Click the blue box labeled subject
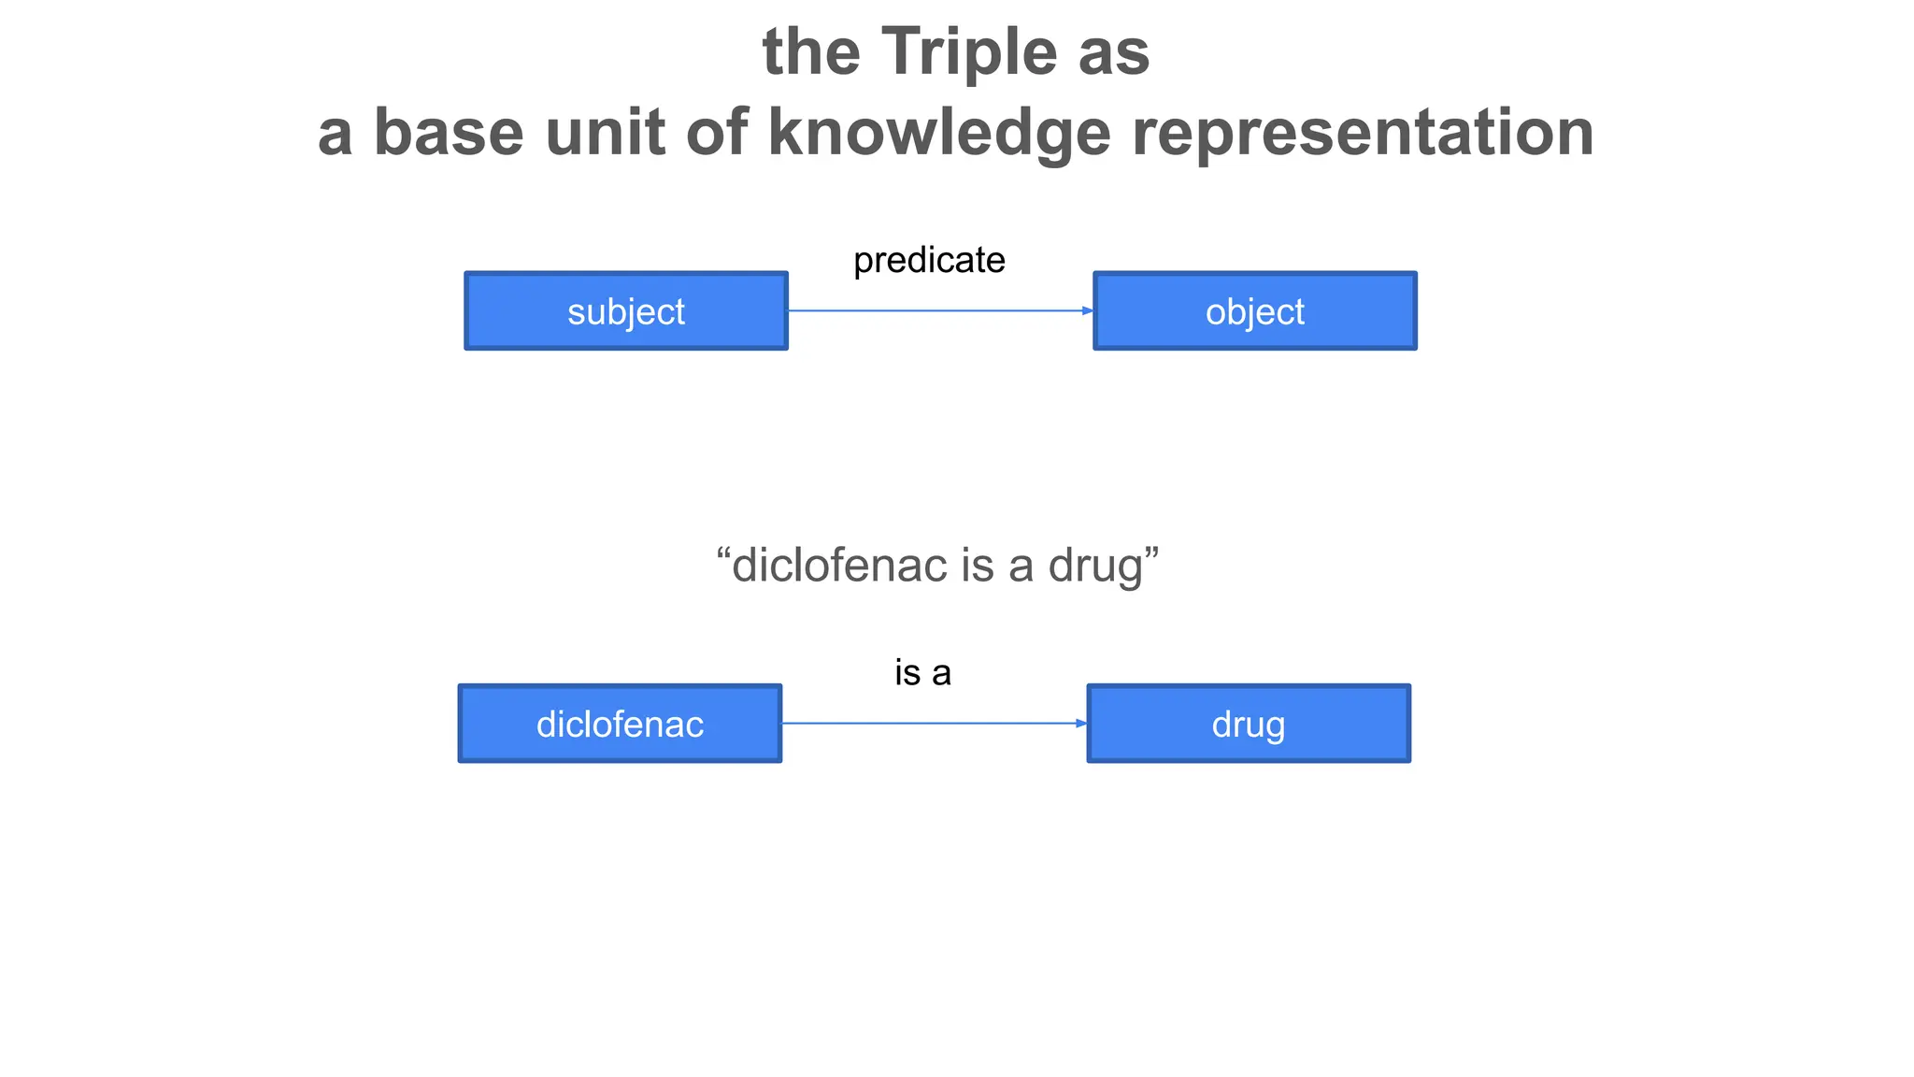(x=626, y=311)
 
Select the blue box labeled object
(x=1254, y=311)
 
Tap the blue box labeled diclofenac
(x=620, y=724)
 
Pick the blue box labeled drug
(x=1249, y=724)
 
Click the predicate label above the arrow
(x=929, y=260)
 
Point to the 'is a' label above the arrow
(x=922, y=673)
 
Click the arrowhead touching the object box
(x=1087, y=310)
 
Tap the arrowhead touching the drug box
(x=1080, y=723)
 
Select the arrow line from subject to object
(x=935, y=310)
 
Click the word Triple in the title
(x=970, y=52)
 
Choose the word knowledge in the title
(x=939, y=133)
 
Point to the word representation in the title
(x=1363, y=133)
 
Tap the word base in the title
(x=449, y=133)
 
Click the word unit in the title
(x=605, y=133)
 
